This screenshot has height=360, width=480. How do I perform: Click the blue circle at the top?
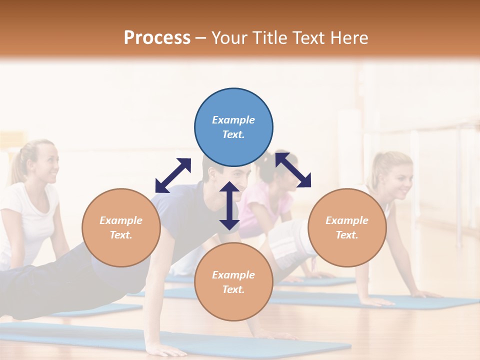click(x=233, y=127)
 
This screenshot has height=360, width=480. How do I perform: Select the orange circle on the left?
click(x=121, y=227)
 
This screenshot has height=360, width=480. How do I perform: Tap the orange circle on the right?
click(x=347, y=227)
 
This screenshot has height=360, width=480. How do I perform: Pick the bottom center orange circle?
click(x=233, y=282)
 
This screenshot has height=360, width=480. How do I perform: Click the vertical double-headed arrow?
click(x=229, y=205)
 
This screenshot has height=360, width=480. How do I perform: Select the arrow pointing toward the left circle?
click(x=173, y=175)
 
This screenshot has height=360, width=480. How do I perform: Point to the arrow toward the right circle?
click(x=293, y=169)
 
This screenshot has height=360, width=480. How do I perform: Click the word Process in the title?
click(x=157, y=37)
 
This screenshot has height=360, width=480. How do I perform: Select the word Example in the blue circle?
click(x=233, y=120)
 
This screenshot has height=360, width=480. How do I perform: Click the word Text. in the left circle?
click(x=121, y=235)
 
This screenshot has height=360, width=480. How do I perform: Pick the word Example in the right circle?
click(x=347, y=220)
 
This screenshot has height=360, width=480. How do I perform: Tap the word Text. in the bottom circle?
click(x=233, y=289)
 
